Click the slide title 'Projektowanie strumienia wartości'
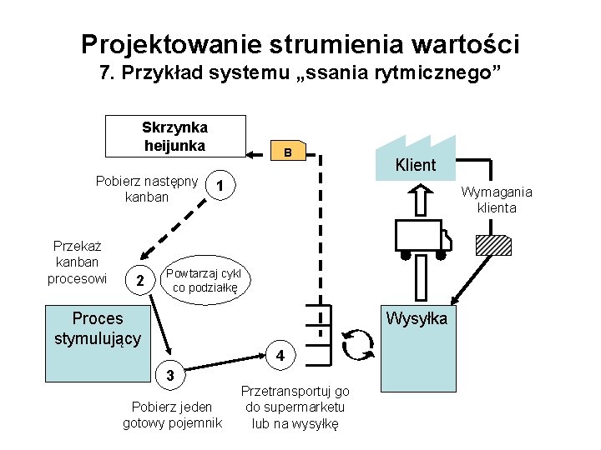(x=300, y=42)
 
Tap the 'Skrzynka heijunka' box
(x=175, y=136)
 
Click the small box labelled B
(x=287, y=152)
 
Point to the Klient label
(x=415, y=165)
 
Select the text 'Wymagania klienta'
(x=497, y=200)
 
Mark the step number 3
(x=170, y=375)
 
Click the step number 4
(x=281, y=355)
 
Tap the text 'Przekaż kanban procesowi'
(x=77, y=262)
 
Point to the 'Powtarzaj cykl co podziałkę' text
(x=204, y=280)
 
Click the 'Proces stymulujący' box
(x=98, y=328)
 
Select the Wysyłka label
(x=416, y=319)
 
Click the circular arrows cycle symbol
(x=359, y=344)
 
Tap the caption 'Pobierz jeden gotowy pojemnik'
(x=172, y=415)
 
